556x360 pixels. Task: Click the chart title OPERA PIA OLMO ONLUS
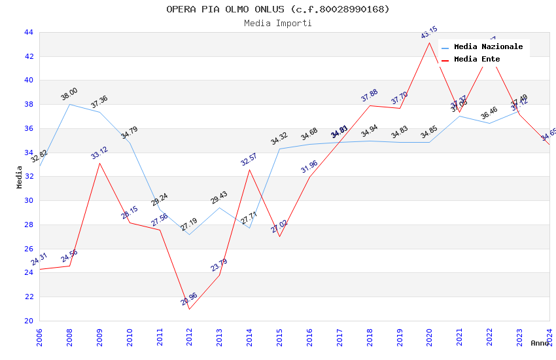[277, 9]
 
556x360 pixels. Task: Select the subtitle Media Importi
[277, 23]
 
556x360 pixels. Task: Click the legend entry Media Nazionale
[488, 46]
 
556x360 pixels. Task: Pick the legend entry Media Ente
[476, 59]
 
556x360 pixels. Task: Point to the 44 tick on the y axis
[29, 32]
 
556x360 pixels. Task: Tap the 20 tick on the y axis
[29, 321]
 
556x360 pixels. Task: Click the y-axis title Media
[20, 177]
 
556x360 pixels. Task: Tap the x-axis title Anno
[540, 343]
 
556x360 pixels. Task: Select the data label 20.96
[189, 299]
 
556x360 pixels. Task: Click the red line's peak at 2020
[429, 43]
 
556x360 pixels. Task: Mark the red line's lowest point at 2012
[190, 309]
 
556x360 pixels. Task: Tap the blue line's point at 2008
[70, 104]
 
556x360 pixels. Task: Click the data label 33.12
[99, 153]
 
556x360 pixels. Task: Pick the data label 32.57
[249, 160]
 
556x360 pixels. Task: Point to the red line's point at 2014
[249, 170]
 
